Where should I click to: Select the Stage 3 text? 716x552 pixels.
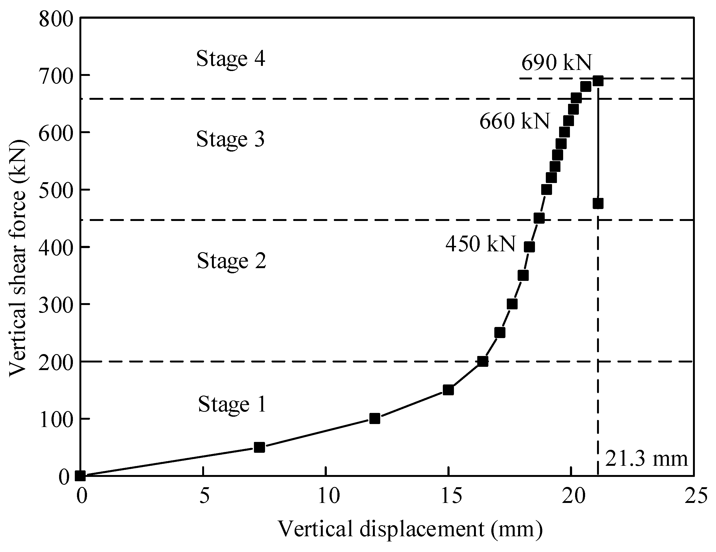click(x=230, y=139)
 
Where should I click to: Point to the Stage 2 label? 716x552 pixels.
click(x=231, y=261)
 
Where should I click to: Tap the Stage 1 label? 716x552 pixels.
click(x=232, y=404)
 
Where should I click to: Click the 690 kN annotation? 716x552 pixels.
click(x=556, y=62)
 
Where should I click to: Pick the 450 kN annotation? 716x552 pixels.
click(x=480, y=244)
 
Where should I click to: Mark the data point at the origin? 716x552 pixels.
click(x=80, y=476)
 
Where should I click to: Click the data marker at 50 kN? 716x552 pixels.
click(x=259, y=447)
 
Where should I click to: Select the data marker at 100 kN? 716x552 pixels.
click(x=374, y=419)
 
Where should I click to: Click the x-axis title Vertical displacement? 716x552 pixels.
click(x=410, y=530)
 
